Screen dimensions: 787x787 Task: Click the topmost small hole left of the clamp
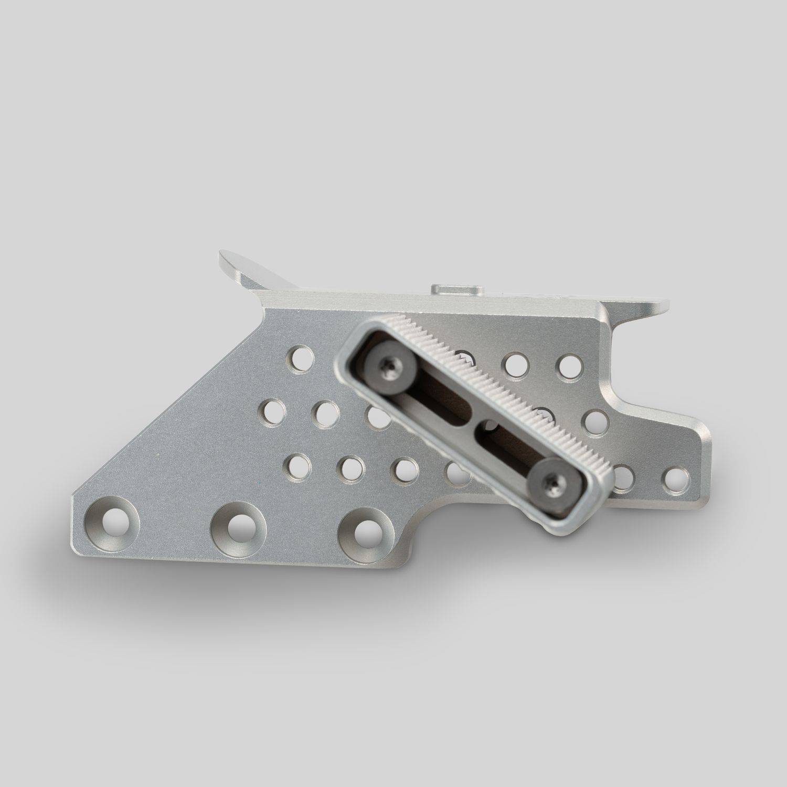(301, 358)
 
